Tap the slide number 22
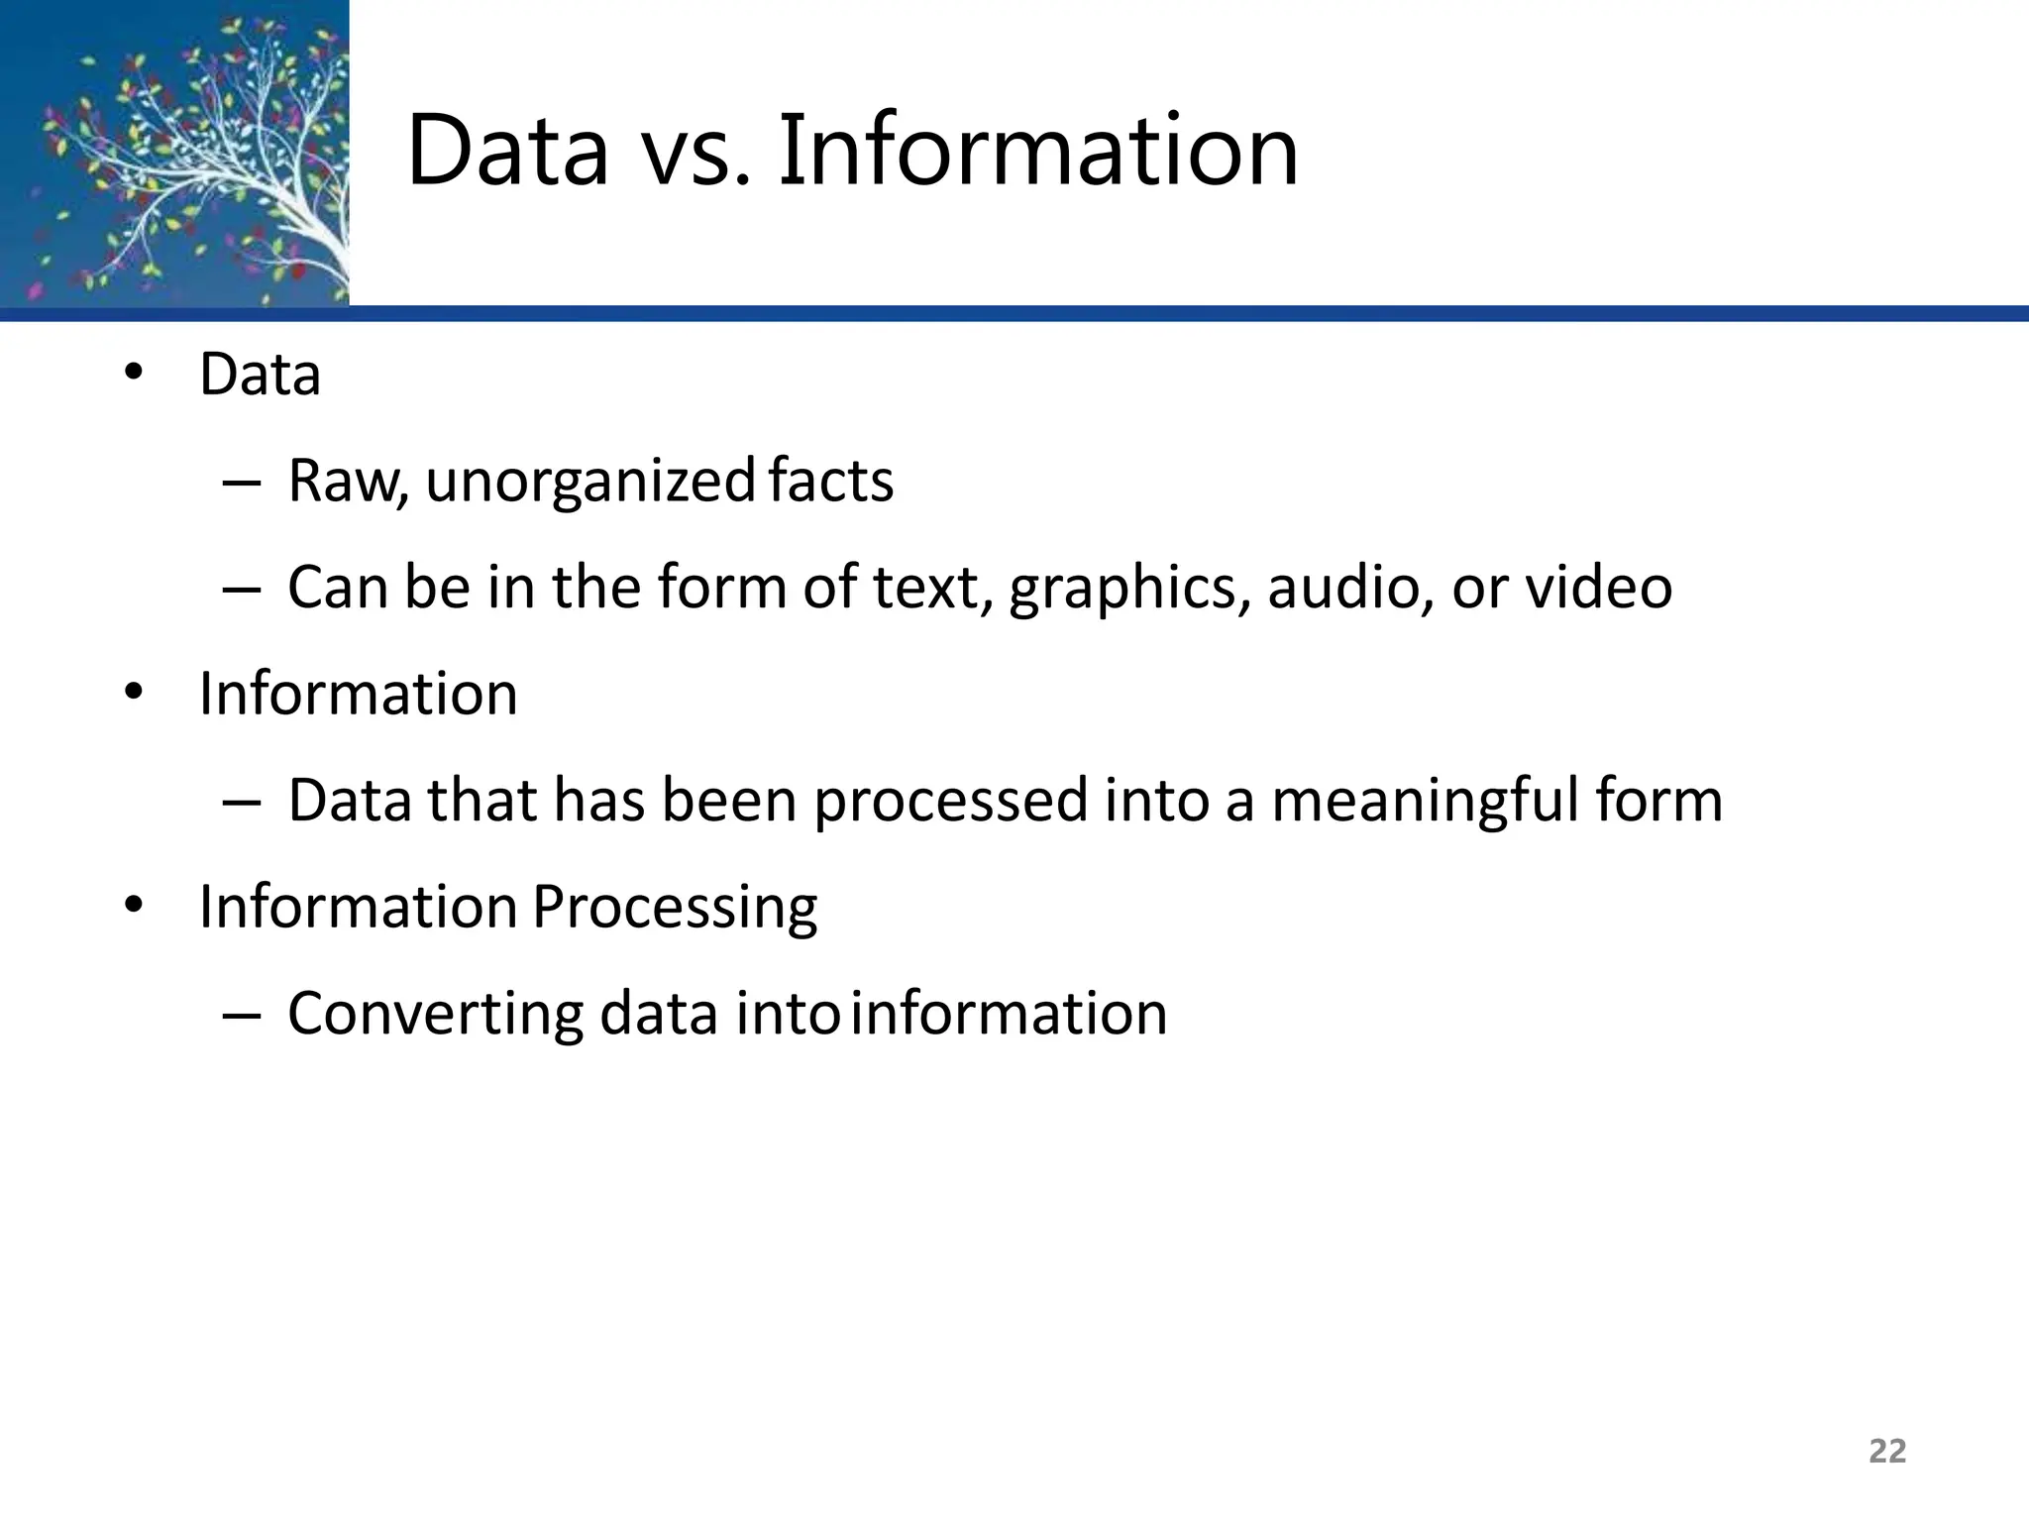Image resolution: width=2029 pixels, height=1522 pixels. pos(1886,1451)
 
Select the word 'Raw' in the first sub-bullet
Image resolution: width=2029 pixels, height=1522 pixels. pos(346,482)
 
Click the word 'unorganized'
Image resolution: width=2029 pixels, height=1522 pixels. pos(590,482)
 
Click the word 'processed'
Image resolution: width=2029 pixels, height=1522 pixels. pos(950,801)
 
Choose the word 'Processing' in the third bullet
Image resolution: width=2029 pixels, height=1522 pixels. pos(675,908)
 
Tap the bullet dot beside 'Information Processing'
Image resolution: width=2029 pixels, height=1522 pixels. pos(134,906)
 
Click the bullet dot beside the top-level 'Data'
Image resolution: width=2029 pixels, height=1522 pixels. pos(134,374)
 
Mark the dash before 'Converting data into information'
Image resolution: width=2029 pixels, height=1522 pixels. pos(242,1016)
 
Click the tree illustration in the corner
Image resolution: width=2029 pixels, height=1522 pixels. pos(174,153)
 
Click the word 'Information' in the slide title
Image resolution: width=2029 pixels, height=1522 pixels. pos(1037,152)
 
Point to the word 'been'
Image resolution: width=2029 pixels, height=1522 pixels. pos(729,800)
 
